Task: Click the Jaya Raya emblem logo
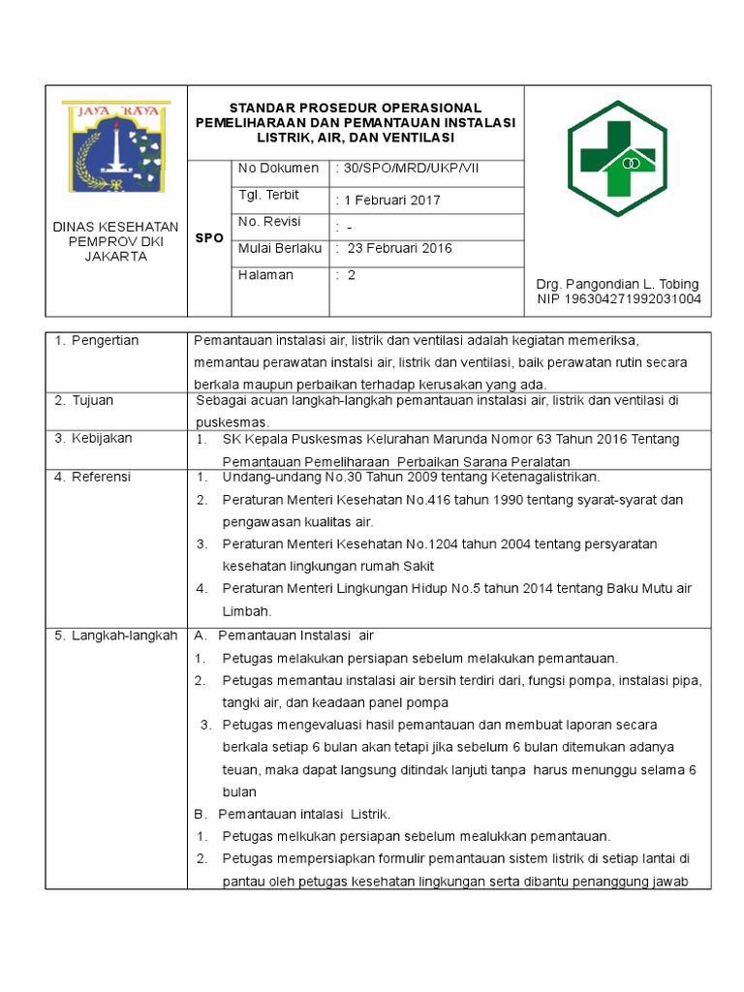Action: (x=116, y=146)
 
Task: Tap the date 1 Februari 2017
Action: (x=387, y=201)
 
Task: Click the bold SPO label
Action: (x=209, y=237)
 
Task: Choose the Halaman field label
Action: (x=265, y=275)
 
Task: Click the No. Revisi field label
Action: (x=271, y=222)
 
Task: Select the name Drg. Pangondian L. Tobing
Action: (x=617, y=284)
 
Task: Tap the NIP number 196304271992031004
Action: (x=619, y=299)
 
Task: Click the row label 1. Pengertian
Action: (x=97, y=340)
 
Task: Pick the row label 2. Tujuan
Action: (x=86, y=400)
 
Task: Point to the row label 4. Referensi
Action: (x=93, y=477)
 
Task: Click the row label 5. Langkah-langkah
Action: (x=116, y=635)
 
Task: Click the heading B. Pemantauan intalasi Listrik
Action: (x=293, y=814)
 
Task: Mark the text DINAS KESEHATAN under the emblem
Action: (x=115, y=227)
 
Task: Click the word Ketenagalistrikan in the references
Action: (x=545, y=477)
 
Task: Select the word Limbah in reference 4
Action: (x=246, y=610)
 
